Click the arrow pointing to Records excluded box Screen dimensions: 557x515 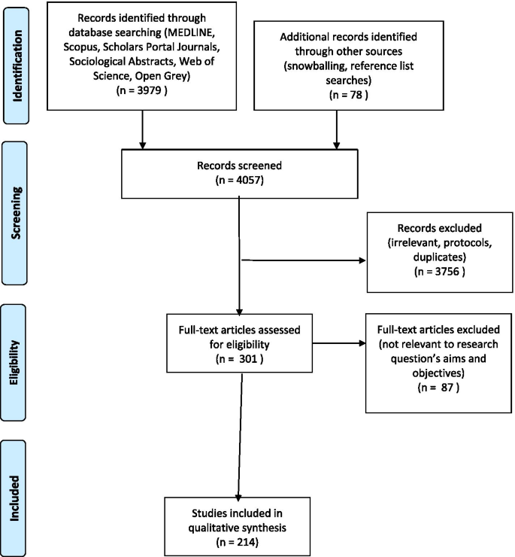[353, 261]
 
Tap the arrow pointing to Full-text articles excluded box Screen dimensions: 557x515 [353, 343]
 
